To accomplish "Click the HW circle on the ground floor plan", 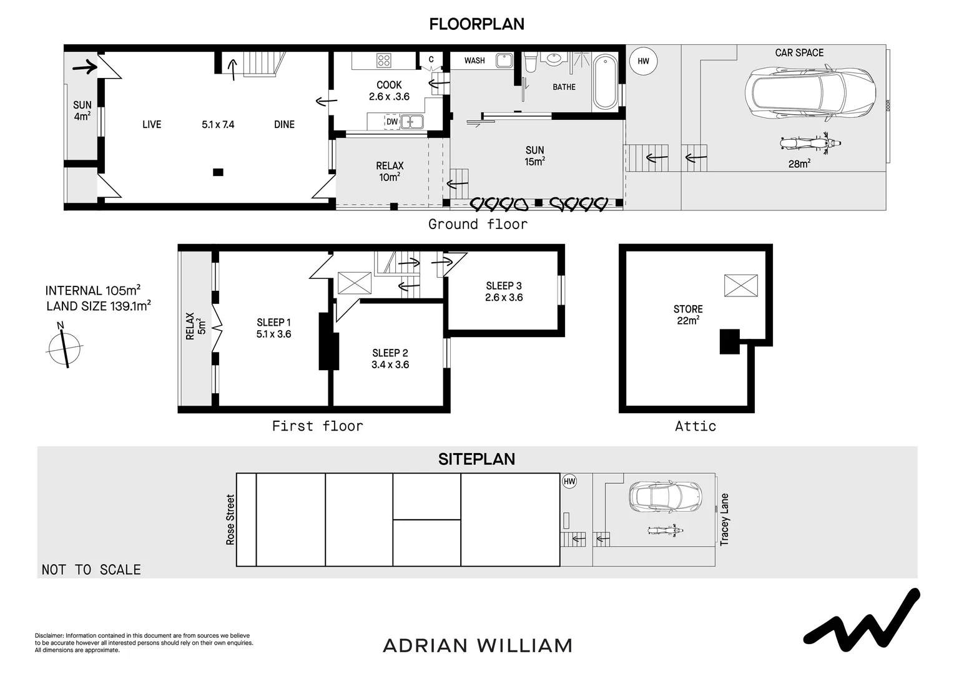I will point(643,61).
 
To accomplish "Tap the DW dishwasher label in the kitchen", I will point(391,122).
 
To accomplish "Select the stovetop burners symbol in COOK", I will point(383,61).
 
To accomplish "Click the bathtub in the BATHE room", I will point(604,82).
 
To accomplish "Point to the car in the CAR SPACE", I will point(809,94).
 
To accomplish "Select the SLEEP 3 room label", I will point(503,286).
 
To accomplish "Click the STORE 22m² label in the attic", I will point(687,315).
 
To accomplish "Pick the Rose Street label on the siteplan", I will point(230,520).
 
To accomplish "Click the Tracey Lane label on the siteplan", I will point(724,520).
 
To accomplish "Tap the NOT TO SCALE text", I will point(91,569).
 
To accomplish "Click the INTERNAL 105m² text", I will point(92,291).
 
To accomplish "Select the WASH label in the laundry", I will point(475,61).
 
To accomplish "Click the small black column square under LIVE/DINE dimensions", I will point(217,172).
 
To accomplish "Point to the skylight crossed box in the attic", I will point(740,285).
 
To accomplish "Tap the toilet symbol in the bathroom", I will point(531,62).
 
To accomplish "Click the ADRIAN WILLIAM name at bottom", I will point(477,645).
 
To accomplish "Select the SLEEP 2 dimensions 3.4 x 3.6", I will point(390,364).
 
